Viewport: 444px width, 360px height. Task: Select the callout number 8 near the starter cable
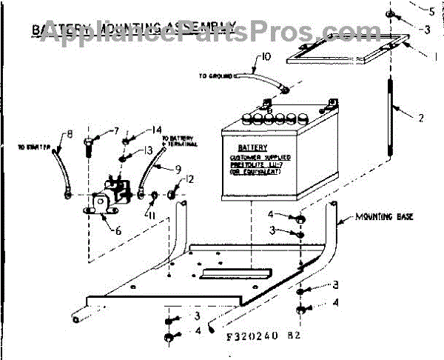[70, 134]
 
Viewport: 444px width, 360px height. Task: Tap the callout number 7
[116, 131]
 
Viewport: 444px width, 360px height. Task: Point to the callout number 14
[156, 129]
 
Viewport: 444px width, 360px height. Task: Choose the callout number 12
[190, 179]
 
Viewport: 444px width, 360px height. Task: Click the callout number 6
[115, 230]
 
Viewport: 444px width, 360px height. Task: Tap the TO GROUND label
[215, 76]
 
